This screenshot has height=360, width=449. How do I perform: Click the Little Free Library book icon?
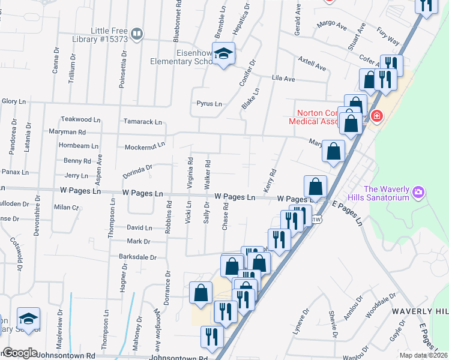pyautogui.click(x=137, y=34)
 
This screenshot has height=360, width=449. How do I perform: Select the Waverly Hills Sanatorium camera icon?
pyautogui.click(x=418, y=193)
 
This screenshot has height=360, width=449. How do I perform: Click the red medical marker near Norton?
pyautogui.click(x=376, y=116)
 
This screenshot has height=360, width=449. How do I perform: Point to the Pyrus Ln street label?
pyautogui.click(x=209, y=104)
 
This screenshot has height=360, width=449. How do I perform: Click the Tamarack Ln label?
pyautogui.click(x=143, y=122)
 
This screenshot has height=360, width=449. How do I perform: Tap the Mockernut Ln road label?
pyautogui.click(x=145, y=146)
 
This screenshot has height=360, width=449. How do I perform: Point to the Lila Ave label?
pyautogui.click(x=283, y=79)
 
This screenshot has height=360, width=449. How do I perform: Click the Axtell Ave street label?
pyautogui.click(x=312, y=61)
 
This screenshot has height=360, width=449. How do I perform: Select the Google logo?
pyautogui.click(x=20, y=353)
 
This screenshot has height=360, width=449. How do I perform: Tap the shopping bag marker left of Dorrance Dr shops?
pyautogui.click(x=201, y=292)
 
